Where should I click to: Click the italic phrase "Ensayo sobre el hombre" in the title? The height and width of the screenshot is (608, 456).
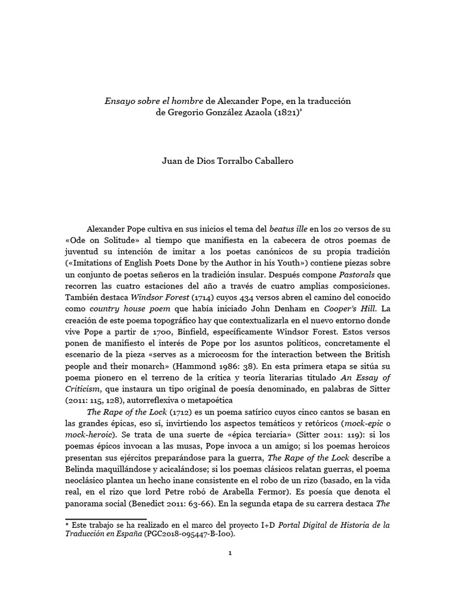[151, 101]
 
